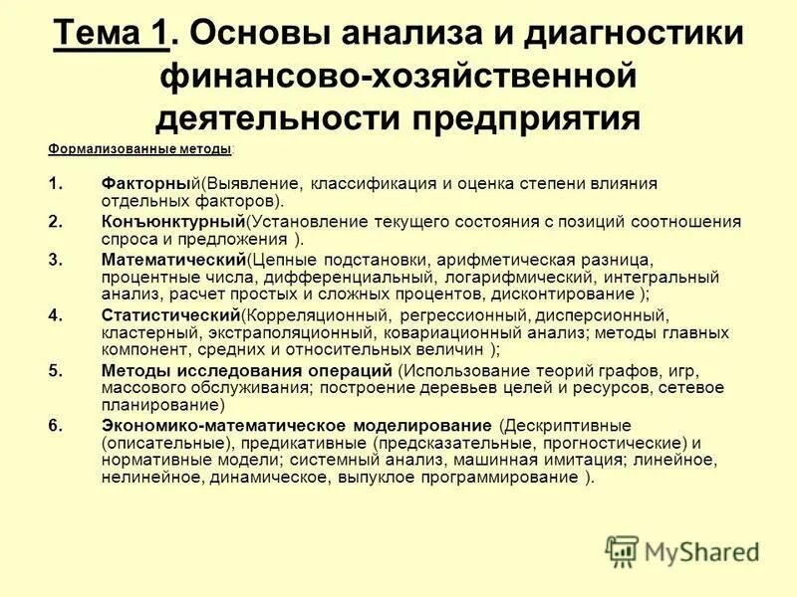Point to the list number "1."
56,185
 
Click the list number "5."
56,370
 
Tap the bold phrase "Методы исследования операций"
246,370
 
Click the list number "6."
56,425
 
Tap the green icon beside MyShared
622,550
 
